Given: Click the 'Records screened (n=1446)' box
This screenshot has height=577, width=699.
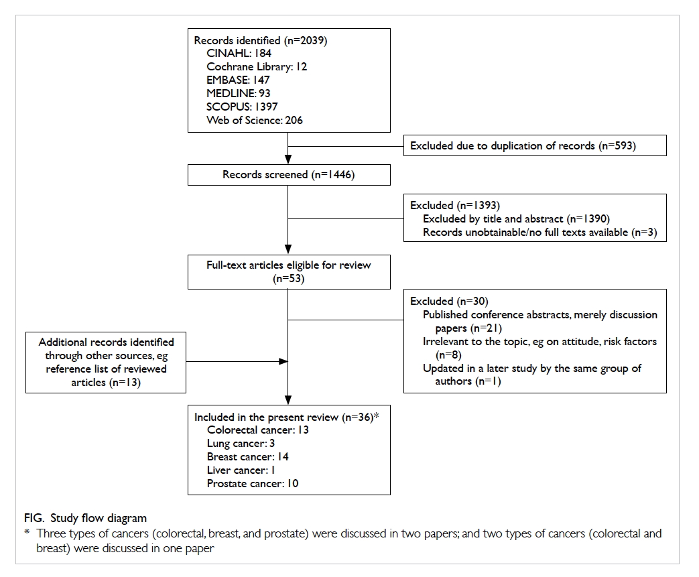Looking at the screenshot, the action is point(289,175).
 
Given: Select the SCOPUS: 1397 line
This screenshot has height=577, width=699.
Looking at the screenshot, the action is point(242,107).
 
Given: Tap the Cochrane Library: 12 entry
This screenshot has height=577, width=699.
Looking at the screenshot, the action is point(257,67).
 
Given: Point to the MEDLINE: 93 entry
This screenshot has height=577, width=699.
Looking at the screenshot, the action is point(239,94).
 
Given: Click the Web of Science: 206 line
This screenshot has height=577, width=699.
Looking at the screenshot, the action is point(255,121).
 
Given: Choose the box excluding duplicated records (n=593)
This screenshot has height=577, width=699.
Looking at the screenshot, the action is point(535,145).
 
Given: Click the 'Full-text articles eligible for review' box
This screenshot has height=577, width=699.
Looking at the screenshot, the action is point(289,272).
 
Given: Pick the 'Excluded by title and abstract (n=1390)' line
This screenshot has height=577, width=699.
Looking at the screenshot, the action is point(516,219).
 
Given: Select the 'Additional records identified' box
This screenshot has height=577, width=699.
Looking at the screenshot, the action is point(106,363).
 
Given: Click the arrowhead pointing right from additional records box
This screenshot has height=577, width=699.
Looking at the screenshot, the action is point(283,362).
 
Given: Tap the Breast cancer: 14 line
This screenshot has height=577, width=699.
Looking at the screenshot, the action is point(248,457).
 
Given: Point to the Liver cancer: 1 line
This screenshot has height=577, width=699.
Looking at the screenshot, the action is point(241,470).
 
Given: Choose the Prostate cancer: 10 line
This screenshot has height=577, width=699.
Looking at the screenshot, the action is point(253,484).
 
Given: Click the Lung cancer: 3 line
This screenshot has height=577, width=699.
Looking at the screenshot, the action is point(241,444).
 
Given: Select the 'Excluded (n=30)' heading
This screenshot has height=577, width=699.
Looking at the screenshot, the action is point(449,302).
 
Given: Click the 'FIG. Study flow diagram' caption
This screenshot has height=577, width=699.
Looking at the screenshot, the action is point(85,518).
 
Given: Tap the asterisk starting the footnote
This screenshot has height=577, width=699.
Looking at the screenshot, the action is point(27,532).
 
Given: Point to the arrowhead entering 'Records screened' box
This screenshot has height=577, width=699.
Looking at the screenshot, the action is point(288,159).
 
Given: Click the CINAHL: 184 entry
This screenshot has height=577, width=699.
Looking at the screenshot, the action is point(239,54).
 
